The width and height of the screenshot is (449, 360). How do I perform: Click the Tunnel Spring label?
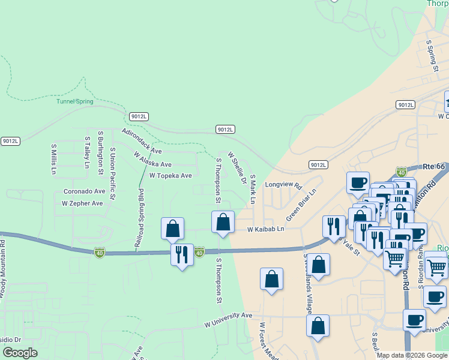tap(75, 101)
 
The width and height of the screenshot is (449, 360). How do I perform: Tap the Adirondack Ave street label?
tap(142, 141)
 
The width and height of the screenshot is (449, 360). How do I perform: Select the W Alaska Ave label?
tap(152, 160)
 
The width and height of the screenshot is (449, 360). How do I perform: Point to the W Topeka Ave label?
tap(170, 176)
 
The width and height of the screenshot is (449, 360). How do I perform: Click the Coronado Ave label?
tap(84, 191)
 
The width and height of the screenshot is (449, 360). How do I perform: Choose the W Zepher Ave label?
tap(82, 203)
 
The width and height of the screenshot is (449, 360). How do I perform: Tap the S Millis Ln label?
tap(53, 158)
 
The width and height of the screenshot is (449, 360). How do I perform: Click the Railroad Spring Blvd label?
tap(140, 218)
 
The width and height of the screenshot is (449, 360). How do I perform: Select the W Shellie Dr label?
tap(237, 168)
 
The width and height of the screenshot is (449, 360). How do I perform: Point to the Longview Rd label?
tap(283, 186)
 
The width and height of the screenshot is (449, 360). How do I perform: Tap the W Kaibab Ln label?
tap(265, 230)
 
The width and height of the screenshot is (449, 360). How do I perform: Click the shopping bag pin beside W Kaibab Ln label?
tap(223, 221)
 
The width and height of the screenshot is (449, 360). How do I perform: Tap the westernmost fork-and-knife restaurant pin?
tap(182, 254)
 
